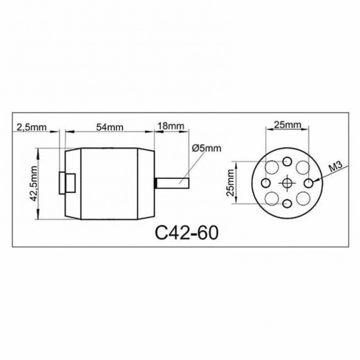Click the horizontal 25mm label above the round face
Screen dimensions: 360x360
pyautogui.click(x=287, y=125)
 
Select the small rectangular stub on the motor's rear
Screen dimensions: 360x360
pyautogui.click(x=67, y=182)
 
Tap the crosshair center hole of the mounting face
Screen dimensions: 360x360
pyautogui.click(x=287, y=182)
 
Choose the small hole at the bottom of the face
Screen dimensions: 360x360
pyautogui.click(x=287, y=204)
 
